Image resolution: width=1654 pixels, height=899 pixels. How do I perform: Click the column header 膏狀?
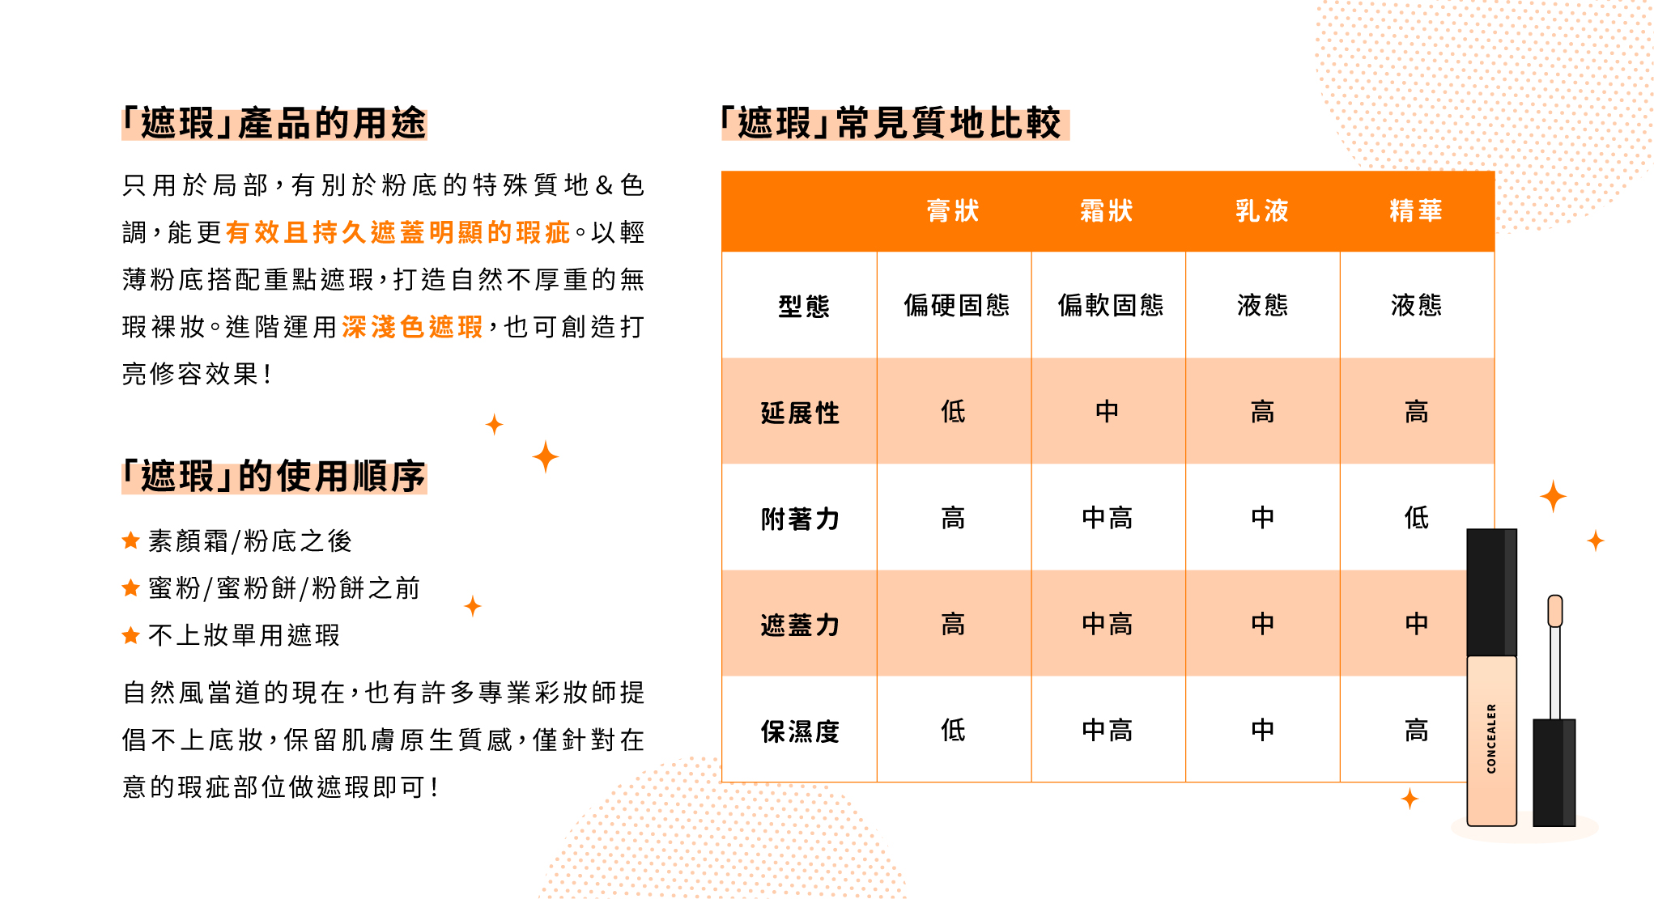click(953, 211)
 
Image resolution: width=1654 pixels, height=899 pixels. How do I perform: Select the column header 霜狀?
click(1107, 211)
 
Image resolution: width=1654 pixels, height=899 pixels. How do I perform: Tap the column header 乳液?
click(1262, 211)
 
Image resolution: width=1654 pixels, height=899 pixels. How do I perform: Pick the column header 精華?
click(1416, 211)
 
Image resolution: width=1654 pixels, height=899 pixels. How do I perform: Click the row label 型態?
click(804, 306)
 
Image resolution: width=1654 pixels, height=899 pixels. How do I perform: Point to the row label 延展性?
click(800, 413)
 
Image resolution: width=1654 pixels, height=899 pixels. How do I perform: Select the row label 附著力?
click(800, 519)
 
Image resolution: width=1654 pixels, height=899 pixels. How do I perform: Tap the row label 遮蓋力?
click(800, 625)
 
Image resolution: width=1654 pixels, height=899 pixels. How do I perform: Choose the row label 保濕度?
click(800, 731)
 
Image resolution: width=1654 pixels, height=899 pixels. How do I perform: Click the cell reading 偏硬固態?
click(957, 305)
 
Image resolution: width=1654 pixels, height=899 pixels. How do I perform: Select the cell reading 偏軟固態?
click(1111, 305)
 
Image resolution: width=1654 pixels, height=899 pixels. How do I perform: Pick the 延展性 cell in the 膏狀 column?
click(953, 412)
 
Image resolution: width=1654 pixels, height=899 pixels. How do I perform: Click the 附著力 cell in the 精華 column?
click(1416, 518)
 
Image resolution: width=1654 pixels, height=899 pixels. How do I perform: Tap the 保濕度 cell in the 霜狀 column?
click(1107, 731)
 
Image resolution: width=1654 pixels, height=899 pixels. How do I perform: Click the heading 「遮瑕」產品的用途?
click(274, 124)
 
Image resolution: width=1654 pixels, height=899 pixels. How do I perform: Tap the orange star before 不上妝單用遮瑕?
click(130, 635)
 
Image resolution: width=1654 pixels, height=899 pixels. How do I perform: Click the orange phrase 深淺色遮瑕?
click(412, 327)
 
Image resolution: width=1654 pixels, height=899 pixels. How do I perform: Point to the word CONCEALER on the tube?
click(1491, 738)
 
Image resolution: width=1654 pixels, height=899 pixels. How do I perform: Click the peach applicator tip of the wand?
click(1555, 611)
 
